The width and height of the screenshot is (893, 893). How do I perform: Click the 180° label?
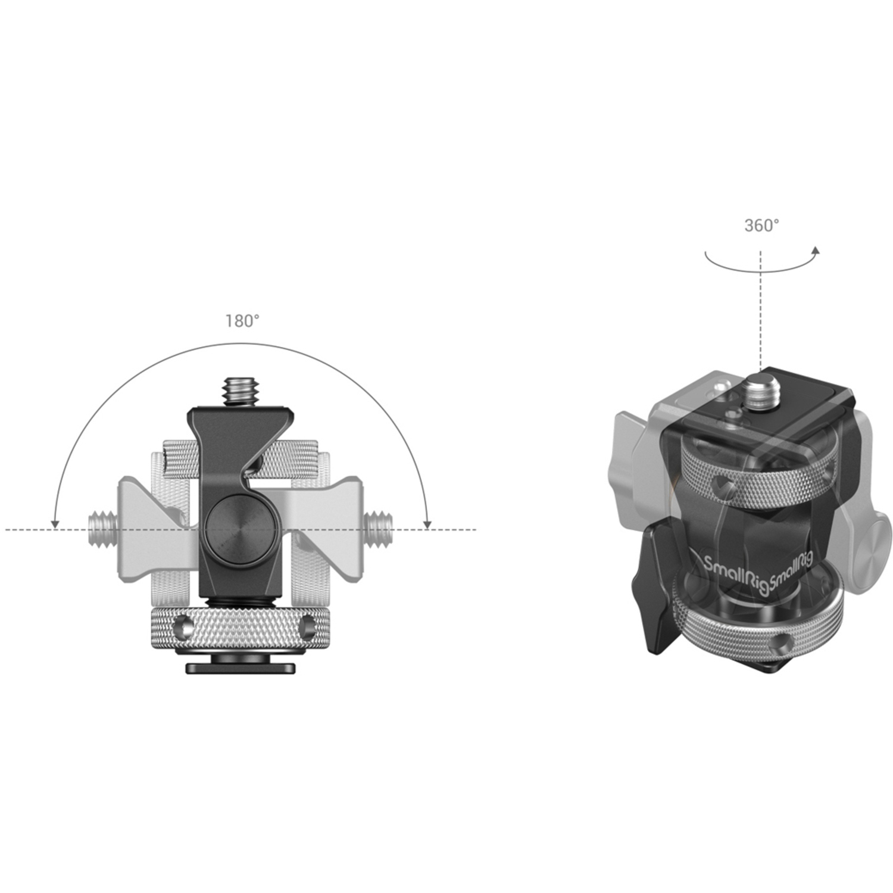pos(242,321)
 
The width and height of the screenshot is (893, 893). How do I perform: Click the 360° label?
pos(761,226)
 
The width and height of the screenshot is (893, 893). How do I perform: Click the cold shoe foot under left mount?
pos(241,667)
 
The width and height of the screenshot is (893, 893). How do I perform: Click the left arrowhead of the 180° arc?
pos(55,523)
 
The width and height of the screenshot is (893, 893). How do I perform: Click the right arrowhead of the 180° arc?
pos(427,523)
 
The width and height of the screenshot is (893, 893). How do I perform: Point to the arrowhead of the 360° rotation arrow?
pos(816,251)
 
